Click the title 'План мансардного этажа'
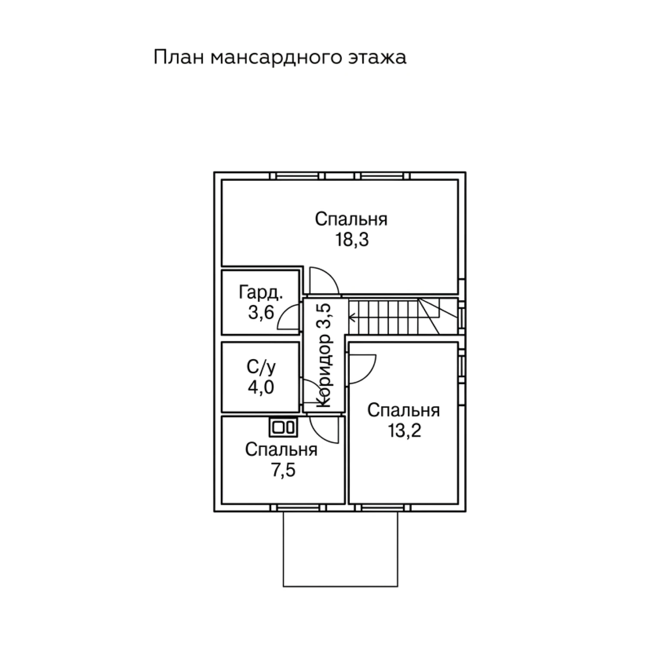pos(280,57)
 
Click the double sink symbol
pos(284,427)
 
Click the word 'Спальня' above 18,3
pos(351,219)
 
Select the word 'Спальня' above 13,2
pos(404,410)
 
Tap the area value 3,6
pos(261,313)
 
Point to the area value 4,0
pos(261,388)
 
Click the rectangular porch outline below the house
pos(340,587)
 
